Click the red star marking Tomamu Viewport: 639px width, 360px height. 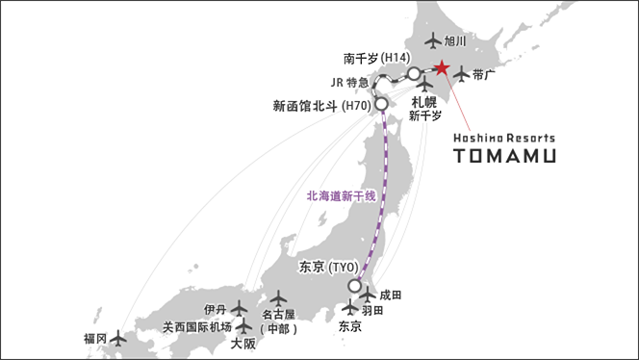(x=441, y=68)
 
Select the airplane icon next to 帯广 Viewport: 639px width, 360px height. (x=462, y=73)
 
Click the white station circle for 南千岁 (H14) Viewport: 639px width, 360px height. (x=414, y=73)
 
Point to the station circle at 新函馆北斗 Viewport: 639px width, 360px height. (x=380, y=103)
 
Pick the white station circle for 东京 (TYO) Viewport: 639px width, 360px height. (x=355, y=285)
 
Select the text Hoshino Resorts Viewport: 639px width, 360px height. (x=503, y=137)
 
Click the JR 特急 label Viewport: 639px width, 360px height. (x=350, y=82)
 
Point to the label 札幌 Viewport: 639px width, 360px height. (x=424, y=100)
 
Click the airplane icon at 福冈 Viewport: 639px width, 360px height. (x=118, y=338)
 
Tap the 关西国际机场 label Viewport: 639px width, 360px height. (x=196, y=327)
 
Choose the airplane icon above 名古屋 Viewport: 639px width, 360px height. (x=278, y=298)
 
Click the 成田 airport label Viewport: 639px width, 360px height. (x=391, y=295)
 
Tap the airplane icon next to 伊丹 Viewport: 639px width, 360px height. (x=240, y=310)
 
